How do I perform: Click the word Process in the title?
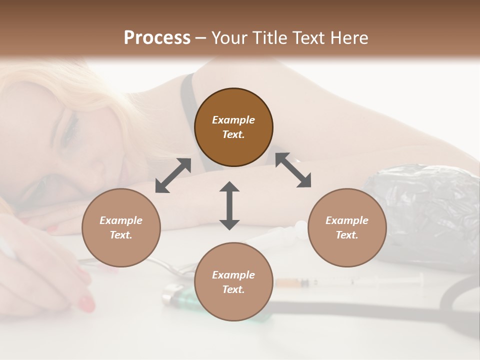coord(157,38)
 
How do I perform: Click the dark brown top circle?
coord(233,127)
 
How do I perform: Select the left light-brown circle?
coord(121,227)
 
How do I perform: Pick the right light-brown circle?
coord(347,227)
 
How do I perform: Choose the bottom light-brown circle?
coord(233,282)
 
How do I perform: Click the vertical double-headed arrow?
coord(229,205)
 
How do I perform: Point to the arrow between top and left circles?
coord(173,175)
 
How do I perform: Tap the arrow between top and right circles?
coord(293,170)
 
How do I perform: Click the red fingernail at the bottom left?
coord(86,303)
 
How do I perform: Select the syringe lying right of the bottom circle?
coord(350,282)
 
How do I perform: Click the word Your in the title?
coord(227,38)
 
